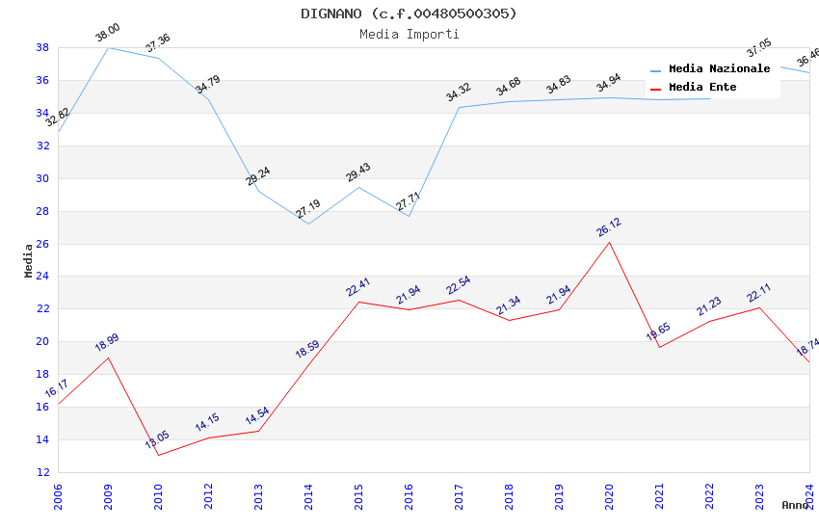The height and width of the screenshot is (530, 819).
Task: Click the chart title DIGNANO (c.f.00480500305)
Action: (x=409, y=13)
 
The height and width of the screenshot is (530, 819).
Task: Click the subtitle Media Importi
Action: (x=409, y=34)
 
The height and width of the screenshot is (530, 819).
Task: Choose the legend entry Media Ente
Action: (x=702, y=88)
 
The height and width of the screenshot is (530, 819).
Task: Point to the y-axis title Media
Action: (x=29, y=260)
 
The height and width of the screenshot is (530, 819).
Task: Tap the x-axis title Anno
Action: (x=795, y=505)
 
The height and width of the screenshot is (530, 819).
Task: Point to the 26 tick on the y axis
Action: (x=43, y=244)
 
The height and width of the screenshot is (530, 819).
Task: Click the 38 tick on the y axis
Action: (x=43, y=47)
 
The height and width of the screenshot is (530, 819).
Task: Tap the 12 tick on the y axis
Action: (x=43, y=472)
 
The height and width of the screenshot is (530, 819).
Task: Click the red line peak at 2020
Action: (x=609, y=242)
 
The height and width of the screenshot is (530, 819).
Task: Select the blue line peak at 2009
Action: (x=108, y=47)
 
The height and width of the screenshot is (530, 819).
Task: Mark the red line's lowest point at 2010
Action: (x=158, y=455)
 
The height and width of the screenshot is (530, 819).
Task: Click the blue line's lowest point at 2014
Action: (x=308, y=224)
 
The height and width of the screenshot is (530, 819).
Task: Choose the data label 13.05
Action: (x=157, y=440)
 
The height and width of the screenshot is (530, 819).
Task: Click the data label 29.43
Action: (x=358, y=172)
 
